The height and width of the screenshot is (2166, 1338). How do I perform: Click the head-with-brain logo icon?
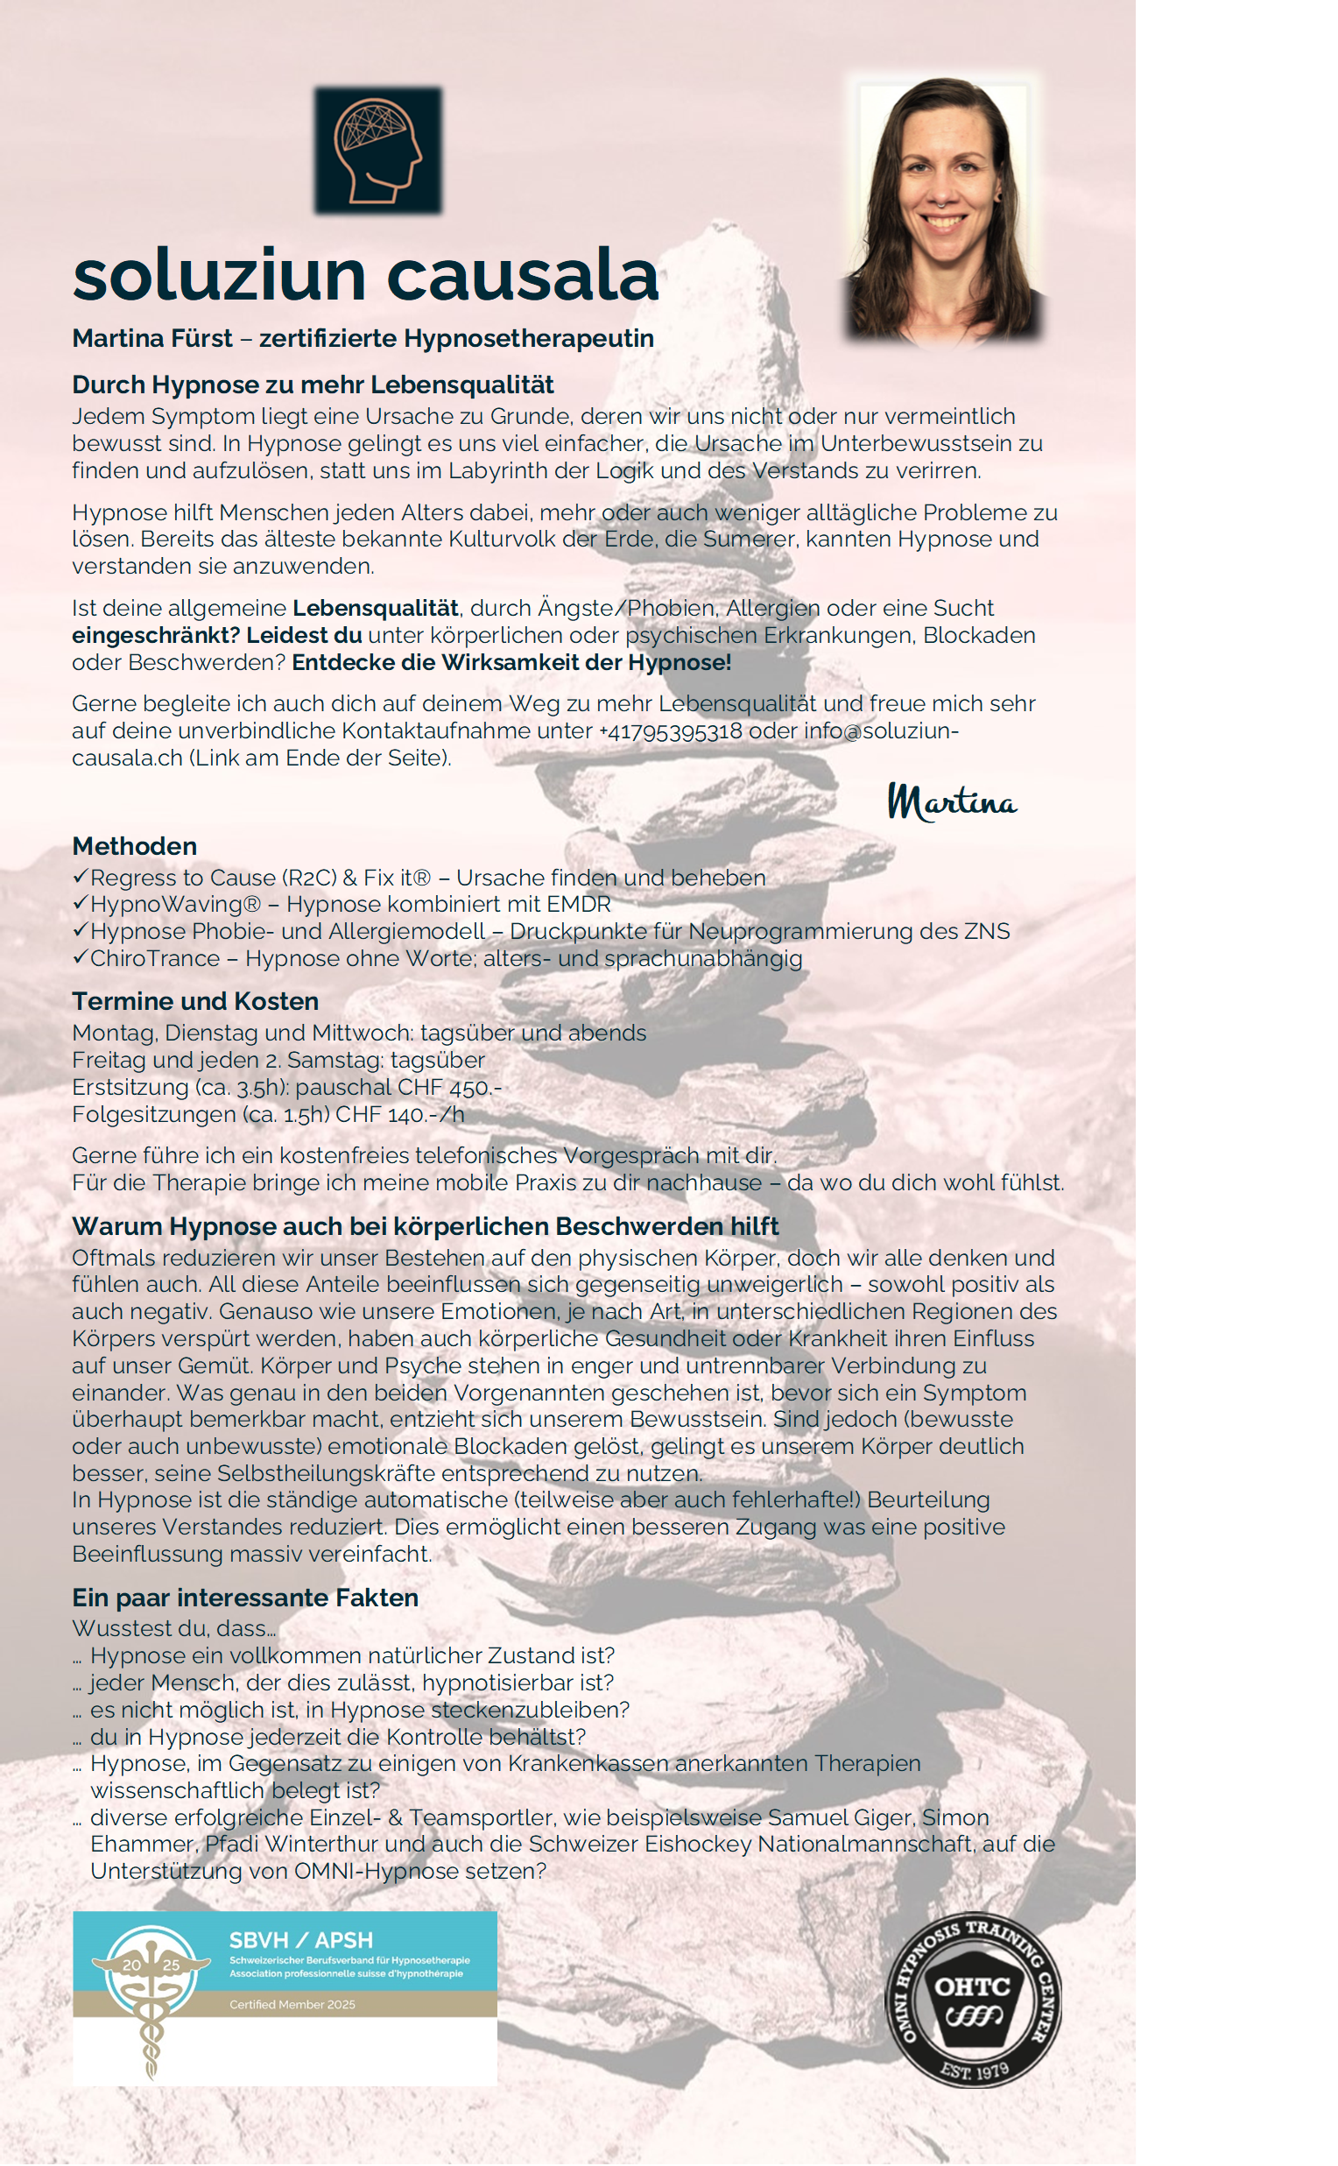pyautogui.click(x=378, y=150)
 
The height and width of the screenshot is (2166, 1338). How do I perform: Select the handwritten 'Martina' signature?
pyautogui.click(x=952, y=802)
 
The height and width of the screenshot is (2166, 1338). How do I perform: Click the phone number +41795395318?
pyautogui.click(x=671, y=731)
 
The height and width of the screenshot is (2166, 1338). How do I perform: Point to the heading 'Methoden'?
pyautogui.click(x=135, y=846)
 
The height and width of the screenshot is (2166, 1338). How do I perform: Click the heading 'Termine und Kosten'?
pyautogui.click(x=194, y=1001)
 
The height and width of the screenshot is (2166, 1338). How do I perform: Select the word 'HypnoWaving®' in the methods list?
pyautogui.click(x=175, y=904)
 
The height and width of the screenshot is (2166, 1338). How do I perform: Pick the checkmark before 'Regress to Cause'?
pyautogui.click(x=80, y=878)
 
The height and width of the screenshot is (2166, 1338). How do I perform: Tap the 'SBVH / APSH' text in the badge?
pyautogui.click(x=301, y=1940)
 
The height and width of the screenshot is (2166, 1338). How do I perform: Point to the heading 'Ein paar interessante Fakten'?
pyautogui.click(x=245, y=1598)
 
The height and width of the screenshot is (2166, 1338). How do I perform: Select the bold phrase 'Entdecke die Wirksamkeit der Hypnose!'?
pyautogui.click(x=511, y=662)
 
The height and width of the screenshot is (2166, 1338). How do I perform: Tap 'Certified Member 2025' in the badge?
pyautogui.click(x=292, y=2004)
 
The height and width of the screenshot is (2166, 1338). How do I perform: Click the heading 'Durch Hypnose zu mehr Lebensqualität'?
pyautogui.click(x=313, y=385)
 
